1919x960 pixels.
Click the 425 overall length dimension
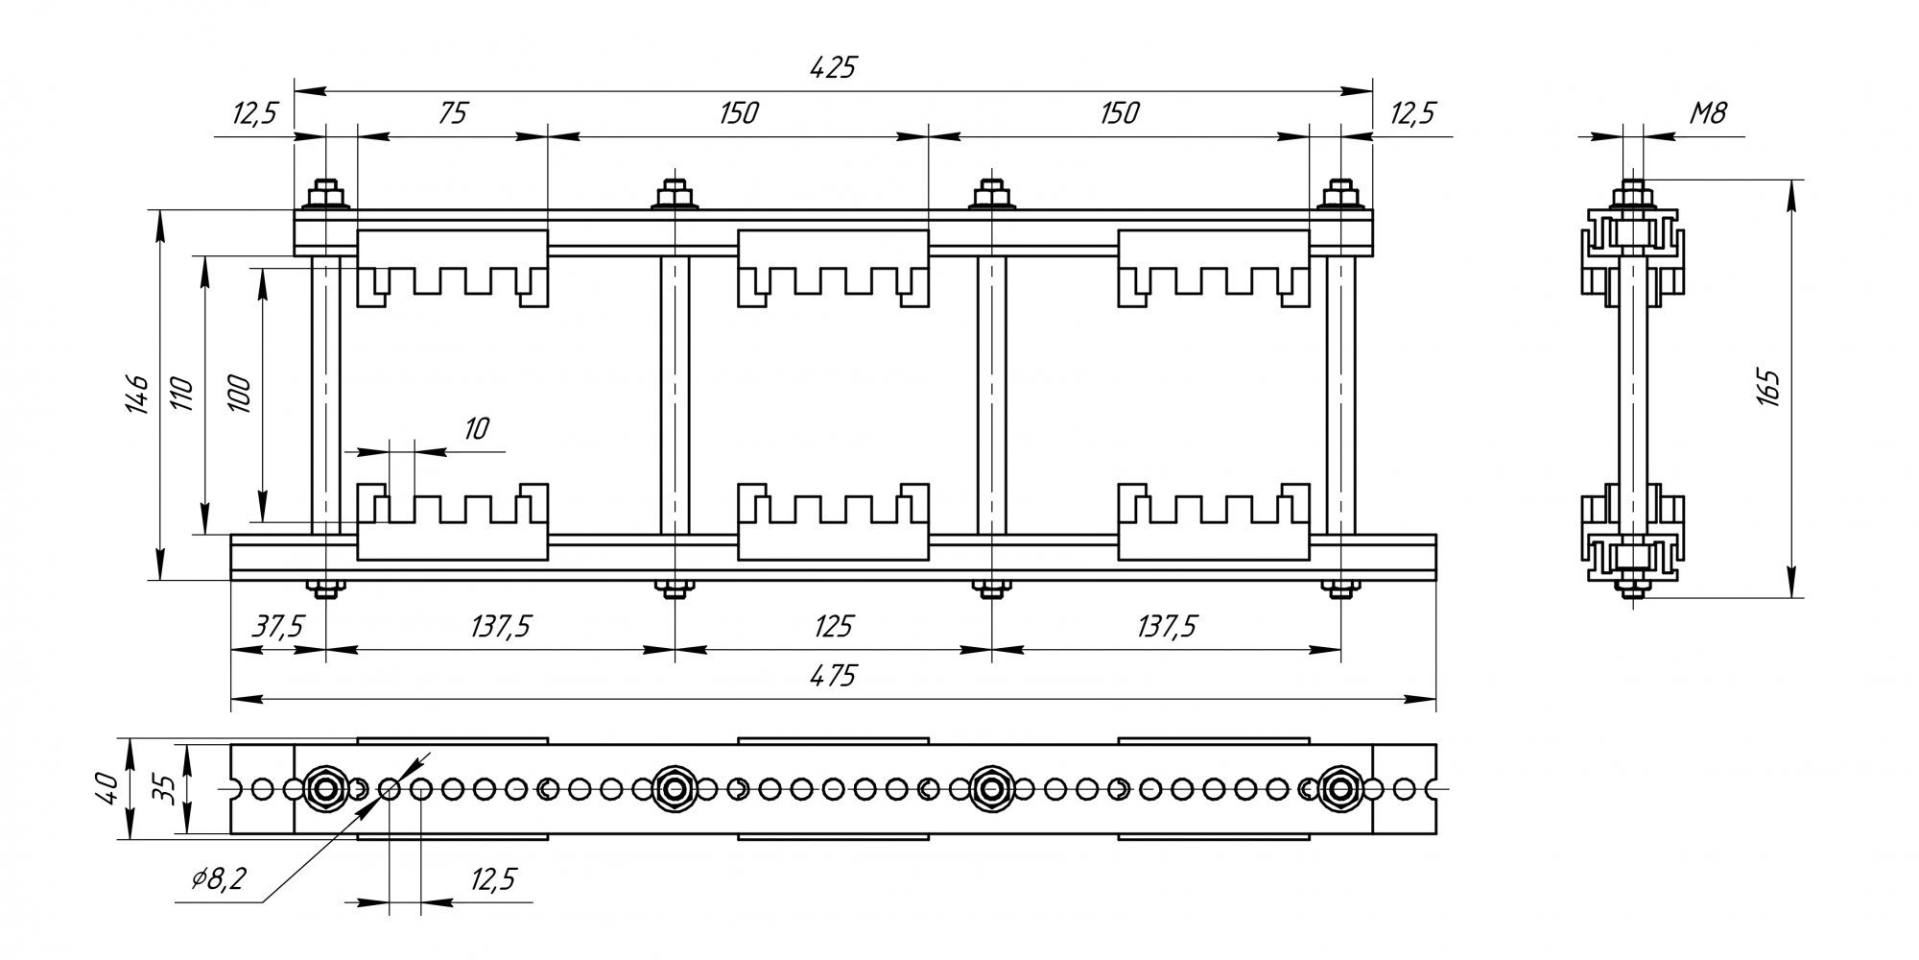click(x=832, y=68)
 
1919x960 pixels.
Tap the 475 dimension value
click(x=832, y=676)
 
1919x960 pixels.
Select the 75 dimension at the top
click(x=452, y=113)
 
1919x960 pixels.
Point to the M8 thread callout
click(x=1707, y=114)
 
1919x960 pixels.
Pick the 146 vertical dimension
click(x=137, y=394)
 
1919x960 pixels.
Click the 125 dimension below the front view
click(x=832, y=627)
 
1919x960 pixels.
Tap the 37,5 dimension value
click(x=278, y=627)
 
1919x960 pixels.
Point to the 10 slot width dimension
click(x=477, y=428)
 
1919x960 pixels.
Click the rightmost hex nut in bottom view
click(x=1340, y=789)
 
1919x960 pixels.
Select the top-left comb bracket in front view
click(x=452, y=268)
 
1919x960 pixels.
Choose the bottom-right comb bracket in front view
click(x=1214, y=521)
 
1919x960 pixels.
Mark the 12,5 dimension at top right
click(x=1412, y=113)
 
